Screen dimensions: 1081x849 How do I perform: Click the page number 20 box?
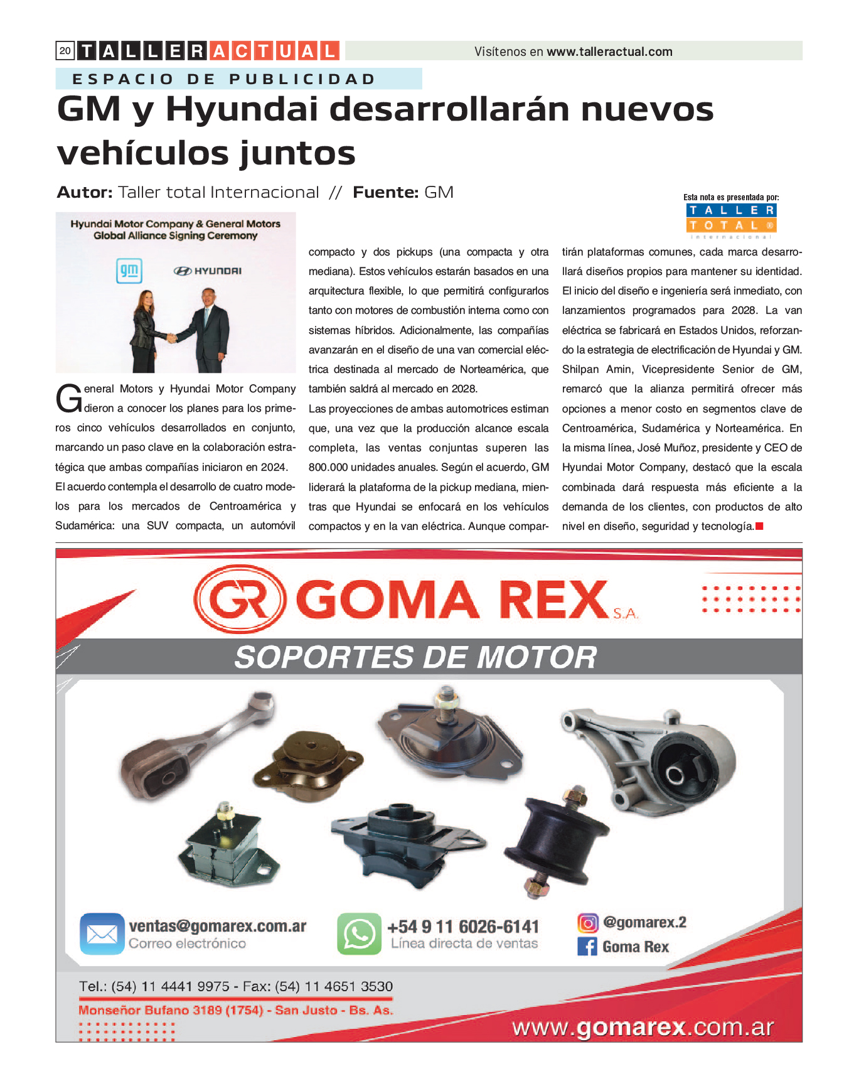pos(65,51)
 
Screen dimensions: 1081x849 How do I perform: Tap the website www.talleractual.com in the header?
pos(609,51)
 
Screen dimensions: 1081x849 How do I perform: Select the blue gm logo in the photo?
pos(129,271)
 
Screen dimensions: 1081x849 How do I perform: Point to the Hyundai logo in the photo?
pos(208,271)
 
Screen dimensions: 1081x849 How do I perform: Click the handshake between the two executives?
pos(171,338)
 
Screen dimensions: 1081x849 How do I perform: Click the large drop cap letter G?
pos(68,399)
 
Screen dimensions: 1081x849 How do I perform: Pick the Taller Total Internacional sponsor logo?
pos(731,220)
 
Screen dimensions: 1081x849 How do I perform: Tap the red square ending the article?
pos(759,526)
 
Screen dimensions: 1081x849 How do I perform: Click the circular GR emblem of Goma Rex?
pos(239,600)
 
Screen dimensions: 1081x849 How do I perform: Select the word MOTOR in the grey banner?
pos(537,657)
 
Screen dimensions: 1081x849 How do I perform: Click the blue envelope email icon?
pos(102,933)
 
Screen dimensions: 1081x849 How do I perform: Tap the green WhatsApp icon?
pos(359,933)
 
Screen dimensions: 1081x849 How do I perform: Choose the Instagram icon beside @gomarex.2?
pos(587,923)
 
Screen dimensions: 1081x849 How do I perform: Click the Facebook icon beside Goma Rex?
pos(587,946)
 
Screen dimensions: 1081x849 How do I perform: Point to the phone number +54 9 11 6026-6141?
pos(463,927)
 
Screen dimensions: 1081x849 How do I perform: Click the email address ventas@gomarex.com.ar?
pos(217,926)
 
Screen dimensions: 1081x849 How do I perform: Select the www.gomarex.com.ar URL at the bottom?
pos(643,1028)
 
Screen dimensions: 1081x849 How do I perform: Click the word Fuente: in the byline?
pos(385,192)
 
